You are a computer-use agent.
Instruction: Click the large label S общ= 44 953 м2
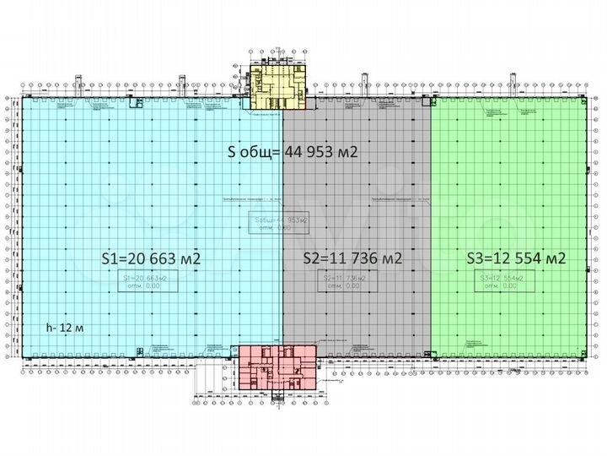[293, 153]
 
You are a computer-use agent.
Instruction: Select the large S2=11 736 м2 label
[352, 258]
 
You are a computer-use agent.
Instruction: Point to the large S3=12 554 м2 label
[515, 258]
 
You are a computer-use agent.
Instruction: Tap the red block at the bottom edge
[275, 368]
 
